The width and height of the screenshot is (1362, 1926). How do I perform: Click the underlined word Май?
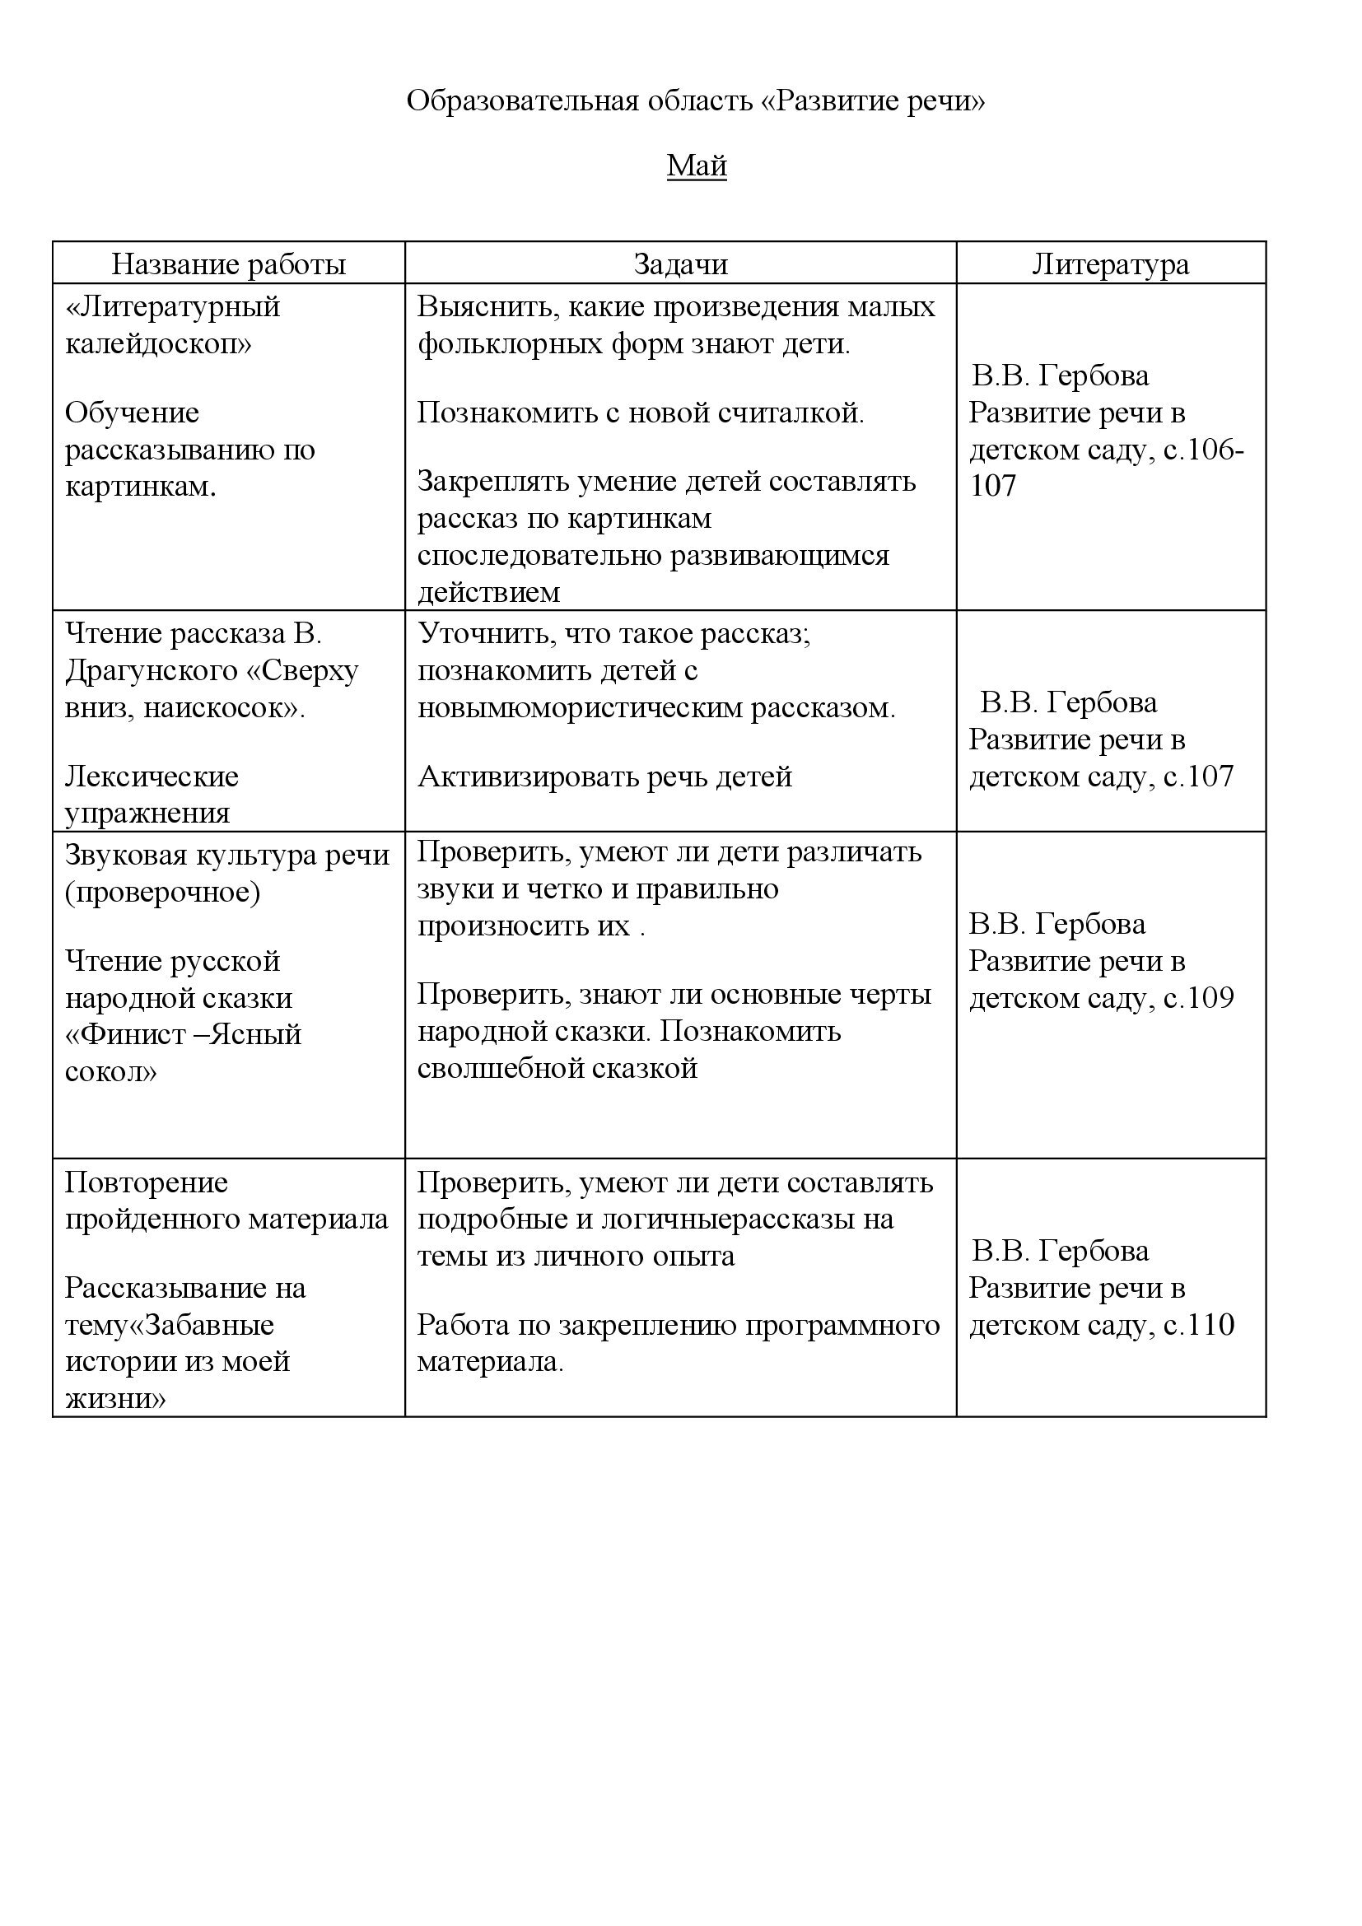coord(696,166)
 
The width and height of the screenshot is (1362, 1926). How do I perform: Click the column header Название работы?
coord(228,264)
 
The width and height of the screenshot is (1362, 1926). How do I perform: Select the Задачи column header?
coord(680,264)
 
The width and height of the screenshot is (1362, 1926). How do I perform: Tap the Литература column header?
coord(1110,264)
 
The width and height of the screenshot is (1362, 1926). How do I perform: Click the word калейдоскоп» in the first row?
coord(158,343)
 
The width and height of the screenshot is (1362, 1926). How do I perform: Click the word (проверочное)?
coord(163,892)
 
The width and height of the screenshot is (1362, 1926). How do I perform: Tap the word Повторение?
coord(147,1182)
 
